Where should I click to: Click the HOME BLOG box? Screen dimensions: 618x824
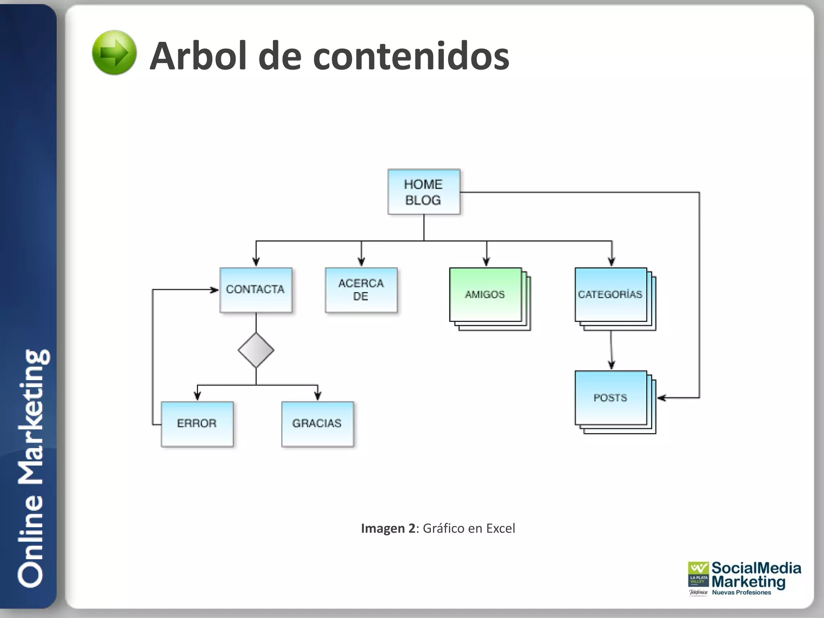coord(424,192)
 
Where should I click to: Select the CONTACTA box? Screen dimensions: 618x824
coord(256,290)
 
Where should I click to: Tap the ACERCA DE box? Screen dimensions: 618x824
coord(361,290)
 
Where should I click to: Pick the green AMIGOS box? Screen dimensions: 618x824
coord(485,295)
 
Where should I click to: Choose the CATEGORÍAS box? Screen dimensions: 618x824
coord(611,295)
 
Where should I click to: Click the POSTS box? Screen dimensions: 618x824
coord(611,398)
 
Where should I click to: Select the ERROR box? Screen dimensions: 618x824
coord(197,424)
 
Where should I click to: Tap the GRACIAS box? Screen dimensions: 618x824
coord(317,424)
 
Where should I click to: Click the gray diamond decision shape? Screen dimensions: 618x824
coord(256,350)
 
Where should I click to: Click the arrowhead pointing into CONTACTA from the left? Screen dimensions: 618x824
coord(214,290)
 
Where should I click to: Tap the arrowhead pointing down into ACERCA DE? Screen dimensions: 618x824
coord(361,262)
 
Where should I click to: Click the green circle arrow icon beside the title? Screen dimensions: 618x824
coord(114,53)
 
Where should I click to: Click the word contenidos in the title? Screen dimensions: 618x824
coord(411,56)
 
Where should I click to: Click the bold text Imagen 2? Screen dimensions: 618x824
coord(388,528)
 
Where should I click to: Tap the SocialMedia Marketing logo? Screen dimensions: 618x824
coord(744,578)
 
